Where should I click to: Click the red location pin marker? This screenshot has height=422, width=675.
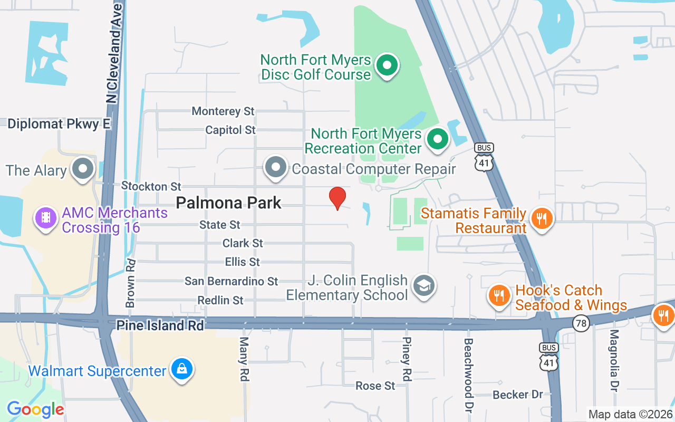[x=337, y=198]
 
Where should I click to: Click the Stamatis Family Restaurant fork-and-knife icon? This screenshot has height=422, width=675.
[x=541, y=217]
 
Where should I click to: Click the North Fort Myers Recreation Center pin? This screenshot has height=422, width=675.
[x=437, y=140]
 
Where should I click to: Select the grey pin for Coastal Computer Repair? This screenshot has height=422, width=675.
[x=275, y=168]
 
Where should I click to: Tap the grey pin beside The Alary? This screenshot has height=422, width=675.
[x=82, y=169]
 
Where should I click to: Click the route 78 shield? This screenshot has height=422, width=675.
[x=581, y=323]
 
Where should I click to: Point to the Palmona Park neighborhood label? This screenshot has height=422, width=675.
[x=228, y=203]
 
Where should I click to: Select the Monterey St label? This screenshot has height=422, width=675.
[x=223, y=111]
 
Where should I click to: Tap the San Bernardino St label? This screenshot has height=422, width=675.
[x=231, y=281]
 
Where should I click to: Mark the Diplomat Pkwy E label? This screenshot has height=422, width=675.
[x=59, y=124]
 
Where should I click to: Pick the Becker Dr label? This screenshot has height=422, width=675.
[x=517, y=395]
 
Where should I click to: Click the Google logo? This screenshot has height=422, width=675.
[x=35, y=409]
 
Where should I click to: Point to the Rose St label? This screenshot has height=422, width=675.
[x=375, y=386]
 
